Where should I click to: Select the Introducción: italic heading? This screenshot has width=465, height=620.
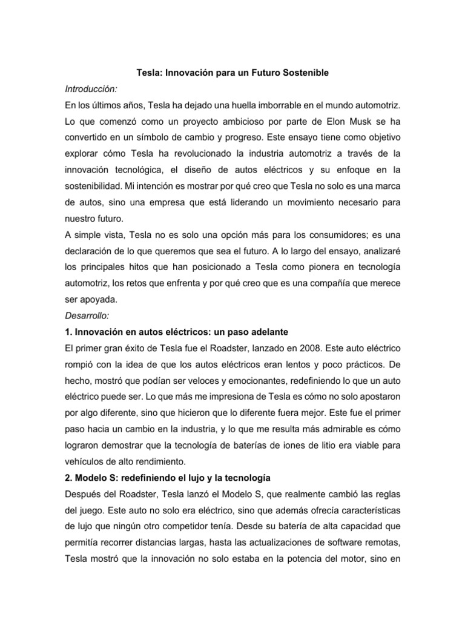pos(89,90)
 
